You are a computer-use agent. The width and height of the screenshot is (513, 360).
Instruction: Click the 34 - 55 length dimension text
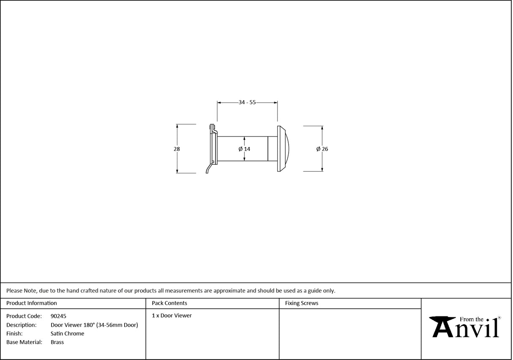pos(247,102)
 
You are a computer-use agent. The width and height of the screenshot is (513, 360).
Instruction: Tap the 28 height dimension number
pos(177,149)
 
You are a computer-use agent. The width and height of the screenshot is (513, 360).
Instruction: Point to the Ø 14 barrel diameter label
pos(244,149)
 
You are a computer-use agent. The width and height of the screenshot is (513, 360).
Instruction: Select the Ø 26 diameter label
pos(322,149)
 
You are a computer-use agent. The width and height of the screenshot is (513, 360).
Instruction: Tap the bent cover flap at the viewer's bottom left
pos(209,169)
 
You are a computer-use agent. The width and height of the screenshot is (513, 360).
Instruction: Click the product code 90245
pos(58,316)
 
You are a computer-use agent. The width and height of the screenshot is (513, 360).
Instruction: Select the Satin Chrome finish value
pos(67,334)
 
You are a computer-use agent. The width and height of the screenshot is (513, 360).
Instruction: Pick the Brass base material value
pos(57,342)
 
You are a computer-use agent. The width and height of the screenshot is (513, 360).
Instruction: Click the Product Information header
pos(32,303)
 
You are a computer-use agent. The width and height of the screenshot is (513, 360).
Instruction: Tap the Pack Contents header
pos(169,303)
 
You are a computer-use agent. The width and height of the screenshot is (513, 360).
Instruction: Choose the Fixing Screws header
pos(302,303)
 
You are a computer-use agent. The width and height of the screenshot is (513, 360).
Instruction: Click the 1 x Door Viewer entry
pos(172,316)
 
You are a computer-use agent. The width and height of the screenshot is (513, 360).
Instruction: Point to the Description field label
pos(21,325)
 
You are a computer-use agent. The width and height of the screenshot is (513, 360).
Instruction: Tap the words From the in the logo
pos(471,319)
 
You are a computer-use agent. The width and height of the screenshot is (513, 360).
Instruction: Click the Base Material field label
pos(24,342)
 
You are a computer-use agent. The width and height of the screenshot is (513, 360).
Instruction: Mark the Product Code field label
pos(24,316)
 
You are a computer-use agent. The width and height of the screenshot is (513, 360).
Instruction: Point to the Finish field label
pos(14,334)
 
